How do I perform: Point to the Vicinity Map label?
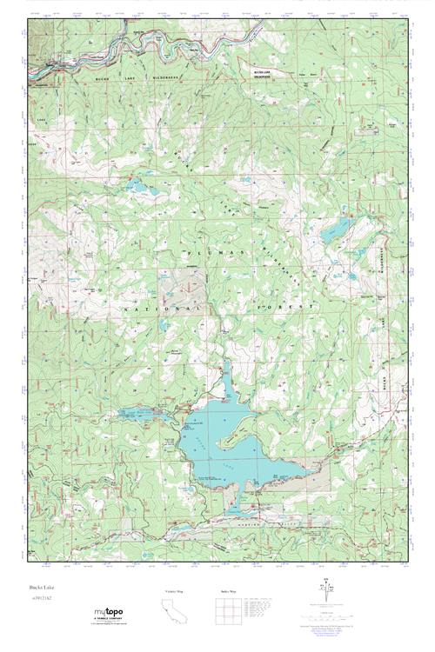pos(175,591)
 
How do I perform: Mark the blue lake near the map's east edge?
pos(335,230)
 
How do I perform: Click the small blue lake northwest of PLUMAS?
pos(137,185)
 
